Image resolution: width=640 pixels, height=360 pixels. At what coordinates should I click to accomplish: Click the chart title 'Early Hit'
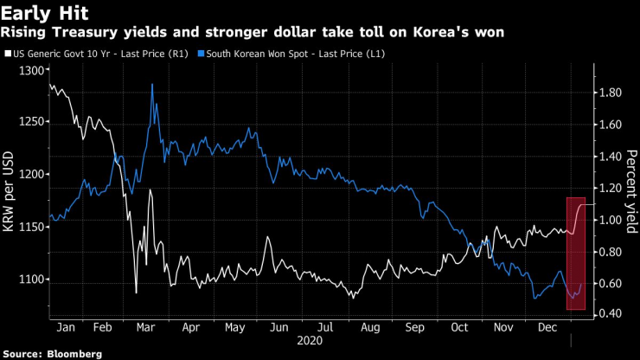(41, 14)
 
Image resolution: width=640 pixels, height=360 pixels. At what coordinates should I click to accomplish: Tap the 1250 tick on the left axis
(28, 121)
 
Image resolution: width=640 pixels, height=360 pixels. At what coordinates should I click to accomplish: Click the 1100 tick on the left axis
(28, 280)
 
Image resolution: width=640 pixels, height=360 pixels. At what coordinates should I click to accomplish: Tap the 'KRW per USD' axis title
(10, 192)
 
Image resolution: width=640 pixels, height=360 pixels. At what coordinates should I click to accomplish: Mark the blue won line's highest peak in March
(153, 85)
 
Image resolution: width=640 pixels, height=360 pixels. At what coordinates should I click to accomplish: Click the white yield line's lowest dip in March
(136, 292)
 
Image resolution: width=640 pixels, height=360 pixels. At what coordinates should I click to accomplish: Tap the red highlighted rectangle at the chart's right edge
(576, 253)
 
